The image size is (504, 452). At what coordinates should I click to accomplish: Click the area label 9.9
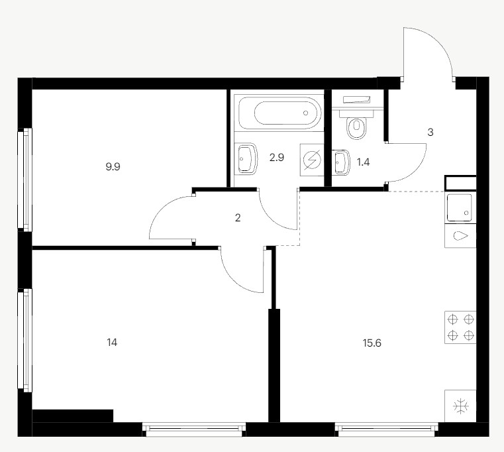[x=113, y=166]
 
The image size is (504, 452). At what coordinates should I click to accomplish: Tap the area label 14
[x=112, y=342]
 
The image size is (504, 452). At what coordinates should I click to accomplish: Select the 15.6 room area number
[x=372, y=343]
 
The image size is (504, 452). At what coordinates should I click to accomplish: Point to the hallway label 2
[x=238, y=218]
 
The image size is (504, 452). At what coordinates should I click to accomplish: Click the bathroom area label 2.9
[x=276, y=158]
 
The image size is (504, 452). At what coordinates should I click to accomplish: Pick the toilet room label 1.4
[x=363, y=162]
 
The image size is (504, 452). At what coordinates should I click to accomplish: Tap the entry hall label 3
[x=430, y=132]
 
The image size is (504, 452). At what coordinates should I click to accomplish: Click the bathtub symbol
[x=279, y=113]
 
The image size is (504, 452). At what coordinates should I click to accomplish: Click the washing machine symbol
[x=312, y=160]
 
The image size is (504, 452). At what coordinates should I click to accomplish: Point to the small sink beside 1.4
[x=341, y=162]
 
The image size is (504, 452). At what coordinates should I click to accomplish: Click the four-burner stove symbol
[x=460, y=327]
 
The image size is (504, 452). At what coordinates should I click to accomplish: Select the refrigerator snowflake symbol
[x=460, y=406]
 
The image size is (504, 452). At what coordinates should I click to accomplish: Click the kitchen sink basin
[x=460, y=207]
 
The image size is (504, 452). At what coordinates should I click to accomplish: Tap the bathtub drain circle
[x=305, y=113]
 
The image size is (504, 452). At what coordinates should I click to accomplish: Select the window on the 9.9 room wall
[x=25, y=180]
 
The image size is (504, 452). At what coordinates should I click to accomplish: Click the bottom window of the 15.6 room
[x=386, y=430]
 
